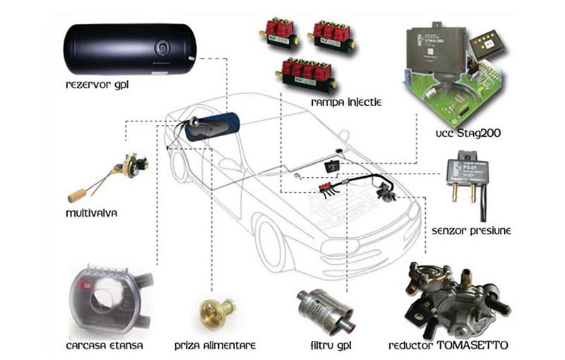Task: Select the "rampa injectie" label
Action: coord(346,103)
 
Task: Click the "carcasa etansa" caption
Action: coord(105,346)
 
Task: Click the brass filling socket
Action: coord(212,311)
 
